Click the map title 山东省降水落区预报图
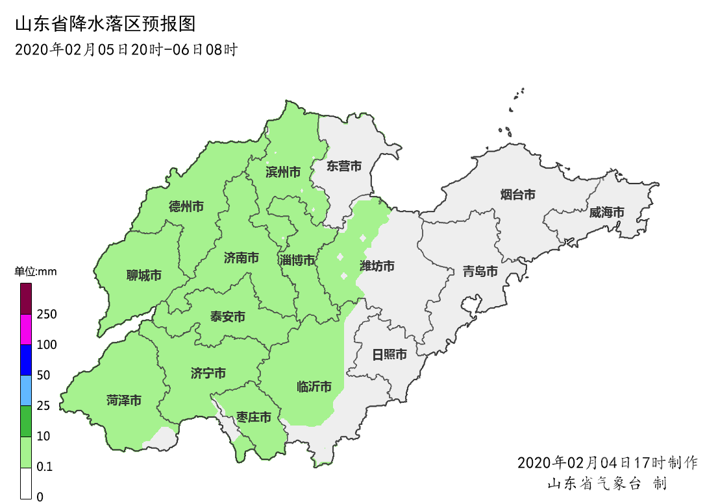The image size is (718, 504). (x=105, y=25)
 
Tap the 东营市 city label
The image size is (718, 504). (x=344, y=166)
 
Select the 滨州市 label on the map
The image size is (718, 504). (x=283, y=172)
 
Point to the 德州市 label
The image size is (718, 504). (x=186, y=207)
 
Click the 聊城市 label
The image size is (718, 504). (x=143, y=276)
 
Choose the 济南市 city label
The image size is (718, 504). (x=241, y=258)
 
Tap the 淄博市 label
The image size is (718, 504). (x=297, y=261)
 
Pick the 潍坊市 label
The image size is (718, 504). (x=377, y=266)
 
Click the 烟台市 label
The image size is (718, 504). (x=518, y=194)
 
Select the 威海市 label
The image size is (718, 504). (x=606, y=212)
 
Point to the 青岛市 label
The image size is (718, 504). (x=480, y=271)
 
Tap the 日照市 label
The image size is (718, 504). (x=390, y=355)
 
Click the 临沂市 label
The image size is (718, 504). (x=314, y=387)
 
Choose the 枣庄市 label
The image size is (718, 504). (x=253, y=417)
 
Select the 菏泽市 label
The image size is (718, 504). (x=124, y=401)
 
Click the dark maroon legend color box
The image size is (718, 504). (x=26, y=298)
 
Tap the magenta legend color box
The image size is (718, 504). (x=26, y=329)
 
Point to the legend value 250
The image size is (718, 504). (x=47, y=315)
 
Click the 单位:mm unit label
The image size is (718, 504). (x=36, y=272)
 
